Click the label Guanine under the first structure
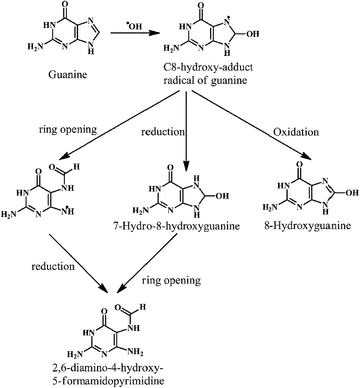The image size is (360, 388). [x=67, y=75]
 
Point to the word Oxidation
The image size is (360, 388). [x=296, y=132]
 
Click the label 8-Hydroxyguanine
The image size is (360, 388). [x=307, y=225]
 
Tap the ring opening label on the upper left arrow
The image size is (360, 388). [x=68, y=129]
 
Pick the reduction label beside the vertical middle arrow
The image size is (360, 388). [x=163, y=132]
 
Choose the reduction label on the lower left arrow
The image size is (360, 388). [x=53, y=266]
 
